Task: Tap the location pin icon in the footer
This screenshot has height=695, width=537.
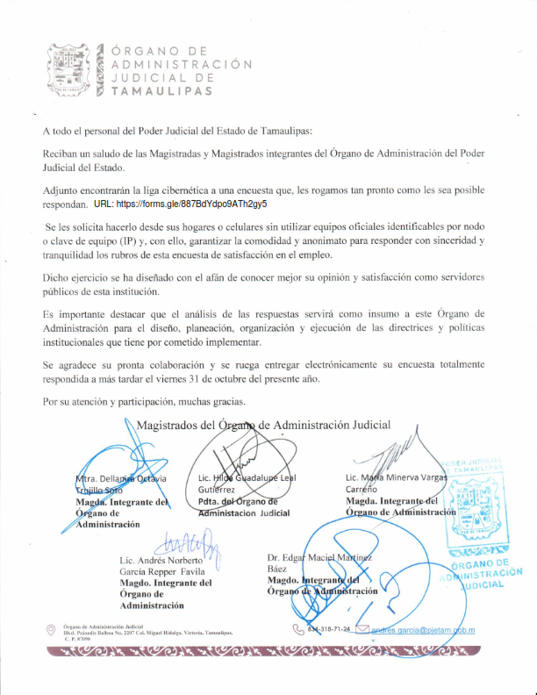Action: (51, 629)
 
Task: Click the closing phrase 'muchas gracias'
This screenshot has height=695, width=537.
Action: (206, 402)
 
